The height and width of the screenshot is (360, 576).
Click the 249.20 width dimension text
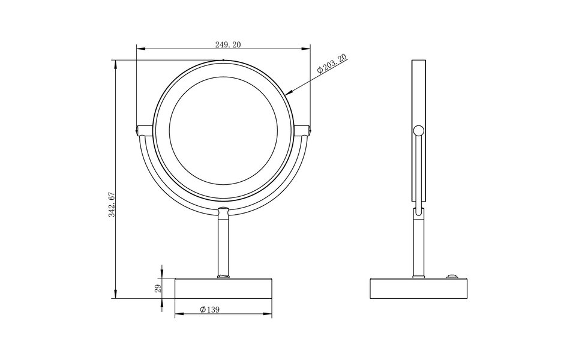click(223, 44)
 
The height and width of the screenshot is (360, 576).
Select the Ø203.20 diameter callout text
click(332, 63)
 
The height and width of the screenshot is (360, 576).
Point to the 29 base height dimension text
click(157, 288)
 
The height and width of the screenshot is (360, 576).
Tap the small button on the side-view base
click(450, 277)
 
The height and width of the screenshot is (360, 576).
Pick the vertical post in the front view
click(223, 246)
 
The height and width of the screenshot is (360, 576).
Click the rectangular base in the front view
click(223, 289)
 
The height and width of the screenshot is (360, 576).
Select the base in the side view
click(419, 289)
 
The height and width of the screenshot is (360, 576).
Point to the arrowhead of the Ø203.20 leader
click(287, 94)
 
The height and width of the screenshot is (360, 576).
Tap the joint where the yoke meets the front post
click(223, 211)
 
